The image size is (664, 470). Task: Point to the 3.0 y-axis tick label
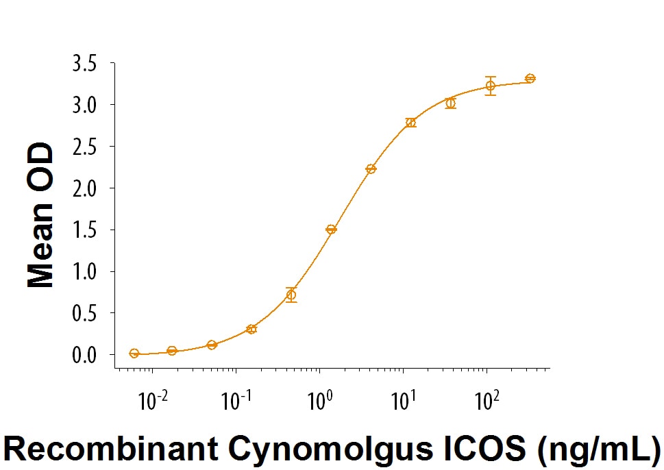83,105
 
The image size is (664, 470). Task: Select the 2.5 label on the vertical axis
83,147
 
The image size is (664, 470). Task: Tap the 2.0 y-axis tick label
83,188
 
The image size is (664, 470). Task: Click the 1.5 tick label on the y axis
83,230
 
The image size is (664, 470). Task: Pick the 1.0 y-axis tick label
83,271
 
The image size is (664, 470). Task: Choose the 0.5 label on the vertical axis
83,313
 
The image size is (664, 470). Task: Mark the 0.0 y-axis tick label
83,355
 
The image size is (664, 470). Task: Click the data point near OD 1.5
331,230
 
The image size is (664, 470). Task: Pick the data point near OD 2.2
371,169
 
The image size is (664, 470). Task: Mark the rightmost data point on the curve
530,78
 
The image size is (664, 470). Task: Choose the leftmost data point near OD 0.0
134,354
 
